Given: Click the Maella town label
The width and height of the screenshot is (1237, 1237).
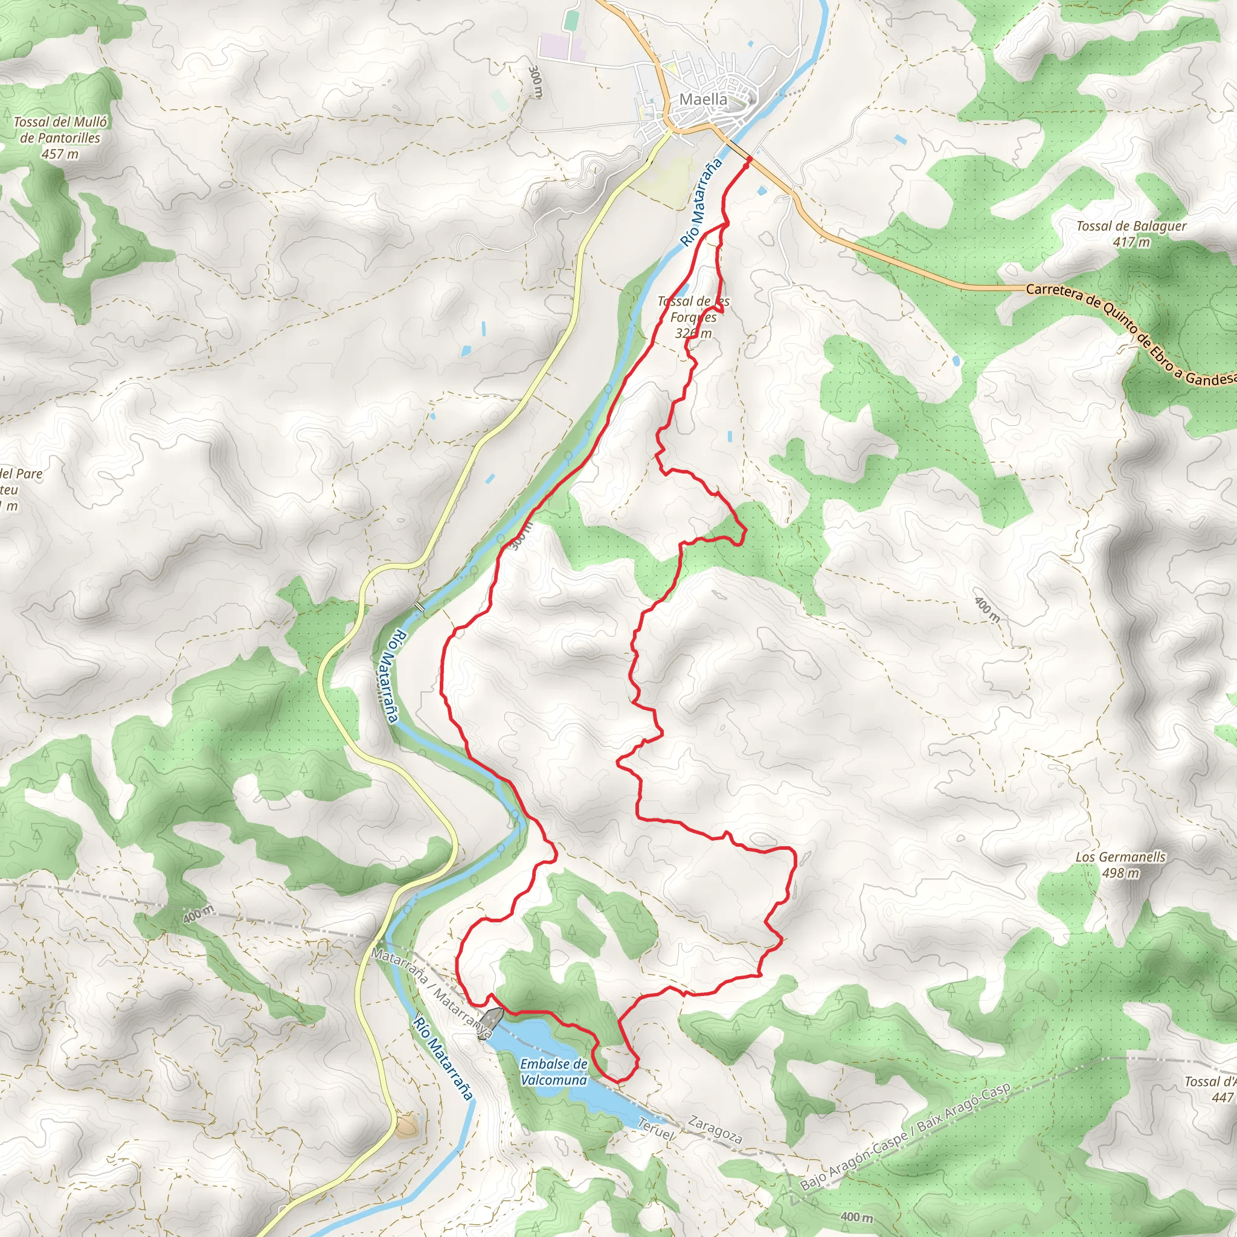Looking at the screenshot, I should pos(703,99).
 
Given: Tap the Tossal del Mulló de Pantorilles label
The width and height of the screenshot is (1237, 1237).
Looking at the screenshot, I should pos(60,129).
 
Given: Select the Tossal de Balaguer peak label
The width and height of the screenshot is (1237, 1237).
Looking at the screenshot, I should pos(1131,226).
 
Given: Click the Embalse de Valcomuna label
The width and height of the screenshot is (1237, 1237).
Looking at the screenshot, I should pos(553,1072).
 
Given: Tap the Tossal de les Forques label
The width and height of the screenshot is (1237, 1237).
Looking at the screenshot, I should pos(693,309).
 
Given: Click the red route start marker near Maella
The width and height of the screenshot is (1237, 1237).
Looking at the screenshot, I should pos(748,159).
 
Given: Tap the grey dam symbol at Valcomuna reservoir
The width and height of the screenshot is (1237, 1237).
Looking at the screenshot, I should pos(492,1017).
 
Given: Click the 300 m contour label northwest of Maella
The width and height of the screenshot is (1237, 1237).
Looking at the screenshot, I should pos(535,82).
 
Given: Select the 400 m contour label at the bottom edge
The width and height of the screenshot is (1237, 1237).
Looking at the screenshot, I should pos(856,1216).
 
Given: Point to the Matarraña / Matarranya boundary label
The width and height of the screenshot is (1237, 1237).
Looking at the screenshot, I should pos(432,993).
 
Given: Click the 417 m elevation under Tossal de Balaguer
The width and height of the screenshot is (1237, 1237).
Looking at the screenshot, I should pos(1131,242).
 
